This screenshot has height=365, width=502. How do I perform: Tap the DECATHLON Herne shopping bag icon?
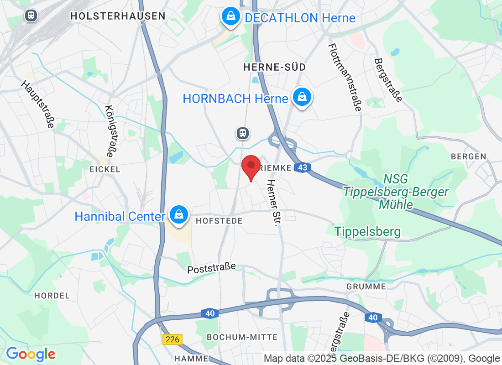click(x=231, y=17)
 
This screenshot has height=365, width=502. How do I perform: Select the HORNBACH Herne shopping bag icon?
click(x=302, y=97)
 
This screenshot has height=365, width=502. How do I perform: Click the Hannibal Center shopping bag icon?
click(x=178, y=214)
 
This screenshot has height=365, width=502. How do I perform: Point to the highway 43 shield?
click(x=303, y=168)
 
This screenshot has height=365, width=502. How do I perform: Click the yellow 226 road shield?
click(x=173, y=339)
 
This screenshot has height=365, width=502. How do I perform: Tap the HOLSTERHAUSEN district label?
click(x=118, y=16)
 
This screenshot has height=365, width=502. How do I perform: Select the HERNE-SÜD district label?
click(x=274, y=67)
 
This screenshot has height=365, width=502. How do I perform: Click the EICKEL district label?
click(x=105, y=169)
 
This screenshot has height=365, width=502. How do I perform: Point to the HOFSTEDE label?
click(x=219, y=221)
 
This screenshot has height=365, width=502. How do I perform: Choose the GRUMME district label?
click(x=366, y=287)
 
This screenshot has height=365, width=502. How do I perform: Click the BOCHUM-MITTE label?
click(x=242, y=337)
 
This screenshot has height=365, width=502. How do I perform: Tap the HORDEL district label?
click(x=52, y=296)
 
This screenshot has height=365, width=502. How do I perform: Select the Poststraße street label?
click(x=212, y=268)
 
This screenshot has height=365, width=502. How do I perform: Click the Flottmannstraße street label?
click(x=345, y=78)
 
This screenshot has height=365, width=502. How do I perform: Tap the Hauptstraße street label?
click(x=38, y=104)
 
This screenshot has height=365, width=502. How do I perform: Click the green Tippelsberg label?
click(x=367, y=232)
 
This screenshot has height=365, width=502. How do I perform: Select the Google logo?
click(x=31, y=354)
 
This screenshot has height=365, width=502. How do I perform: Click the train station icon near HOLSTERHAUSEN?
click(x=31, y=15)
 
